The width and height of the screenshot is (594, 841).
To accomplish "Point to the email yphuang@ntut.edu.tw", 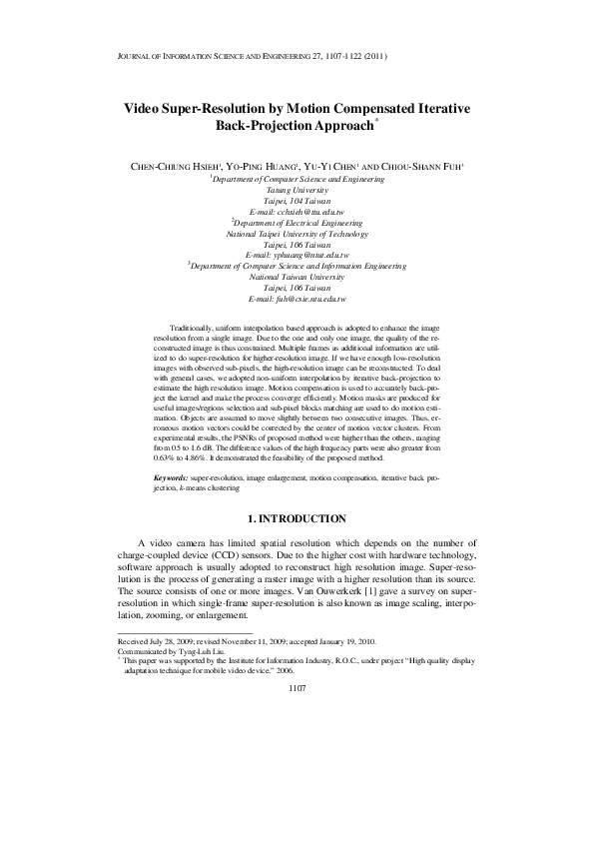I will (x=297, y=256).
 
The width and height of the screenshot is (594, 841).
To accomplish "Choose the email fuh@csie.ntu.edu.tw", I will (x=297, y=300).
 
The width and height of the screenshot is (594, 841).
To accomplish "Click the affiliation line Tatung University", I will (x=297, y=190).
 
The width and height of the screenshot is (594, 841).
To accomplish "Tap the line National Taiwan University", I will (x=297, y=278).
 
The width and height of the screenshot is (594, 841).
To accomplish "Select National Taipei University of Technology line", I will (x=297, y=234).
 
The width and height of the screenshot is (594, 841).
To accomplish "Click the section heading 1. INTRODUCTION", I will (x=297, y=518).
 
